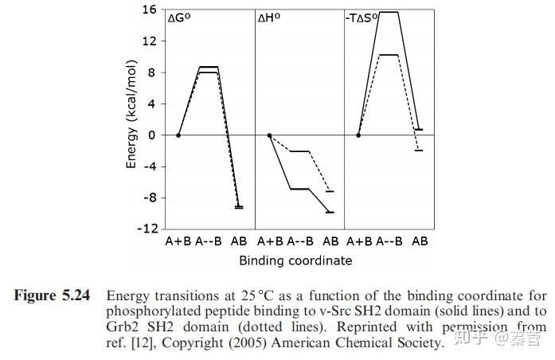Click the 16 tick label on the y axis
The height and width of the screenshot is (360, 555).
[148, 10]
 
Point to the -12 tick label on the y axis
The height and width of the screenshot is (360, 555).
[146, 229]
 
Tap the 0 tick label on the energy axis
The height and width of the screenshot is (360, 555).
[151, 135]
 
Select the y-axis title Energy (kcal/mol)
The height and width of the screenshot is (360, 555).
[131, 119]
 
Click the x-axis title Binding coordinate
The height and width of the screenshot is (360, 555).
[295, 260]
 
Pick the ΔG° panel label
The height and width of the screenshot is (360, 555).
[180, 18]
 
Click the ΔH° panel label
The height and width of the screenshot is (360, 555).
[269, 18]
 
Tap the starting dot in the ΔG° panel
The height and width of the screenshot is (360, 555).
[178, 135]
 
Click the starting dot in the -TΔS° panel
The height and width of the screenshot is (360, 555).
[358, 135]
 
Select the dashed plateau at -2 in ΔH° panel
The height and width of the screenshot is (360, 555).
[299, 151]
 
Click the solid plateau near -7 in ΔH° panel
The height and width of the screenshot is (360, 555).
[299, 189]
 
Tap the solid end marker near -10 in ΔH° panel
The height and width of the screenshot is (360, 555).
[330, 213]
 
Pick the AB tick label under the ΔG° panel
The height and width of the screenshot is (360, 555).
[239, 241]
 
